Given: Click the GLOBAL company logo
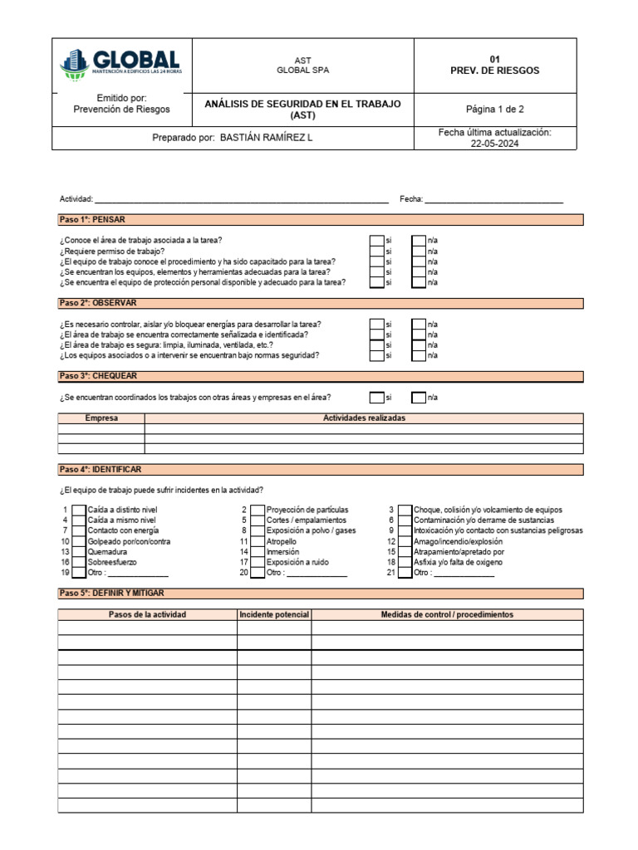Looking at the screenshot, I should coord(120,64).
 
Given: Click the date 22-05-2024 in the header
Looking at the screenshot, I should coord(494,144).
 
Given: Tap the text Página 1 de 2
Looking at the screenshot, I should coord(494,109).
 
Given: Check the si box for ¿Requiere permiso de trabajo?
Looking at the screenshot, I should coord(376,252).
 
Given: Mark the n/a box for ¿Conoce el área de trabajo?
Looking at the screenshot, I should coord(419,241).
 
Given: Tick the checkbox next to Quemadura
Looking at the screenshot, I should coord(78,552).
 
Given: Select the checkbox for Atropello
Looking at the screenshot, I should coord(258,541).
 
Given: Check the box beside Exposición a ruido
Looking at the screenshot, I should coord(258,562).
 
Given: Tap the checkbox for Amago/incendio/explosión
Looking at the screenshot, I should coord(405,541).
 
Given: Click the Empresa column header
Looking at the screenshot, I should coord(101,418).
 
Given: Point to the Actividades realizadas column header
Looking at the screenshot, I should coord(364,418).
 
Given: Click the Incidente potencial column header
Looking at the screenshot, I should coord(274,615).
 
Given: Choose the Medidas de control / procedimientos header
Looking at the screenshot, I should coord(447,615).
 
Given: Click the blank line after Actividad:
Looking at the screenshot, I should coord(241,200).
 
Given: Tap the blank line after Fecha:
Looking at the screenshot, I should coord(494,200).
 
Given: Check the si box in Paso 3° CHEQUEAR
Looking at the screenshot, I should coord(376,397).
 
